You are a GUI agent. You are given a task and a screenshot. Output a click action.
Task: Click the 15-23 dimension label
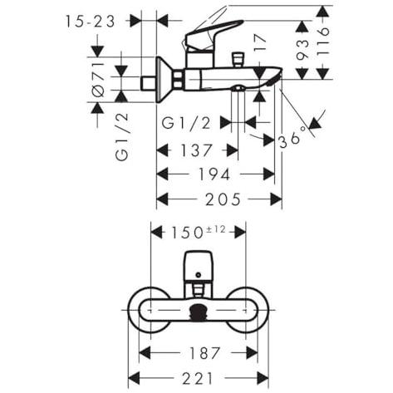[x=90, y=22]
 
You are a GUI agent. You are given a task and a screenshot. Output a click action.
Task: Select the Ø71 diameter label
[x=99, y=79]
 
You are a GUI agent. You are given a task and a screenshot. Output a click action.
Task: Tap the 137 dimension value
[x=196, y=150]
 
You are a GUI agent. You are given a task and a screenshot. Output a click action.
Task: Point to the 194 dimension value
[x=214, y=174]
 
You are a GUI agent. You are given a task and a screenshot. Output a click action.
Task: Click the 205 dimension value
[x=223, y=199]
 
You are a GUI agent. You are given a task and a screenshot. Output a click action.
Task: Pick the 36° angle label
[x=293, y=138]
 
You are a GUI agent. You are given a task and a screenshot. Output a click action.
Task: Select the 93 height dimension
[x=302, y=50]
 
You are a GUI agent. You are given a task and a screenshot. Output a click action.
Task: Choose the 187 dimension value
[x=204, y=353]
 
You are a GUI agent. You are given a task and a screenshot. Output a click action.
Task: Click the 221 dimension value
[x=198, y=378]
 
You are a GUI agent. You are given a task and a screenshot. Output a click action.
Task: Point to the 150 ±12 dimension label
[x=199, y=232]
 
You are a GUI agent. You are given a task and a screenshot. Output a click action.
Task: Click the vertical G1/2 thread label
[x=122, y=137]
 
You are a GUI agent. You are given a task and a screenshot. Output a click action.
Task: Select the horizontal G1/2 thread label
[x=186, y=123]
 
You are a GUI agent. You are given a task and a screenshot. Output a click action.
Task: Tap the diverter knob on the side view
[x=238, y=59]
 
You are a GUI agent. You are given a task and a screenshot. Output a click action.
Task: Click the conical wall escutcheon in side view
[x=165, y=80]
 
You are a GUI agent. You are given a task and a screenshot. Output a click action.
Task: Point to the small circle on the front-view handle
[x=198, y=275]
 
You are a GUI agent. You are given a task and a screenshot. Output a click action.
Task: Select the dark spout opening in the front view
[x=198, y=312]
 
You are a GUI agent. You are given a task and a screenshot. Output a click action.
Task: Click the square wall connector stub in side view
[x=149, y=83]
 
